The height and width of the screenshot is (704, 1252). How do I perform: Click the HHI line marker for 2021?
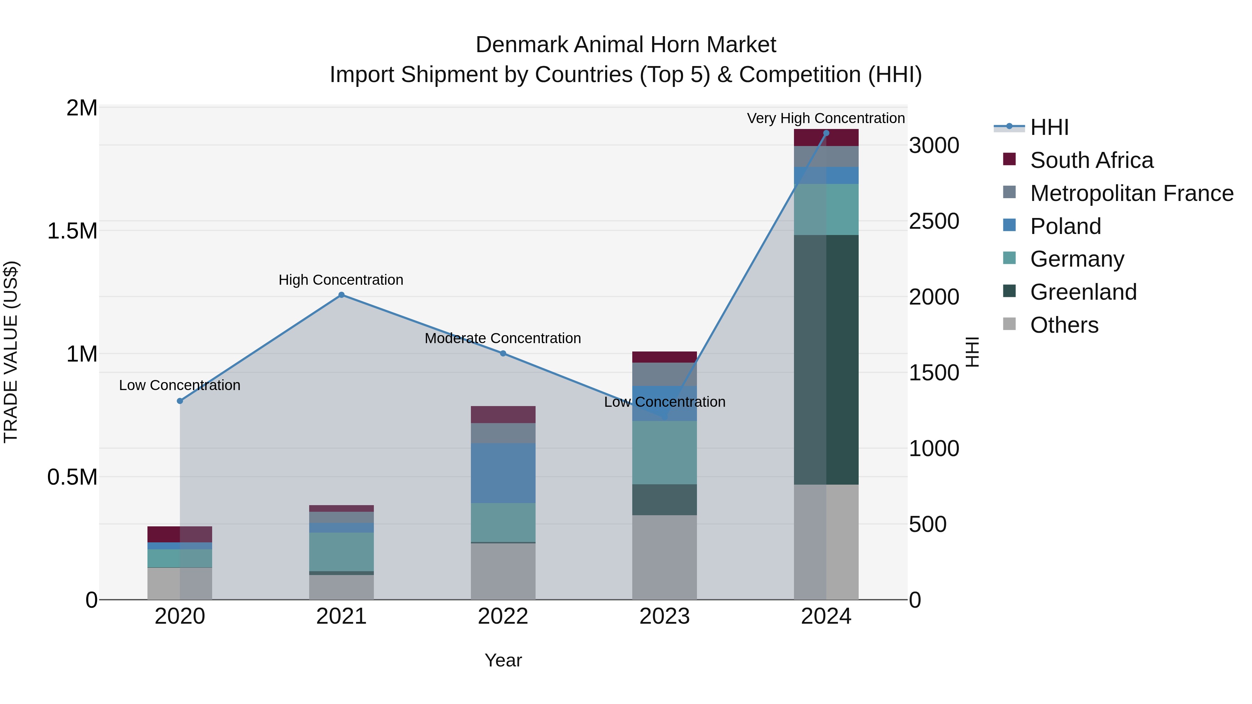coord(341,295)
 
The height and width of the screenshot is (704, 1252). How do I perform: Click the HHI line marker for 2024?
coord(826,133)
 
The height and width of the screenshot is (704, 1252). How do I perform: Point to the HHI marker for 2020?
coord(180,401)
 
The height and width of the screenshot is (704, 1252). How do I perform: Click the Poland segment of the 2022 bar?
coord(503,473)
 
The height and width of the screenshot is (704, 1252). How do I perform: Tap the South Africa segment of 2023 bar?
coord(664,357)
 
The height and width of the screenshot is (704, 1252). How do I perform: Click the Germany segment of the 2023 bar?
coord(664,452)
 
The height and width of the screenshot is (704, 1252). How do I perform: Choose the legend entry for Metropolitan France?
coord(1131,193)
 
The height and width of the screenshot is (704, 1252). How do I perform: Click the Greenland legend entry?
coord(1083,292)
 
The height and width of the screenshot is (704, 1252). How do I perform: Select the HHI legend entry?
coord(1049,127)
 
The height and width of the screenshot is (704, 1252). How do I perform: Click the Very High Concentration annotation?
coord(825,119)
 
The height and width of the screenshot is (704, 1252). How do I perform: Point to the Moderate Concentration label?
coord(503,339)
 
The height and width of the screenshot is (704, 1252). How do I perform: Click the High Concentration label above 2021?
coord(341,280)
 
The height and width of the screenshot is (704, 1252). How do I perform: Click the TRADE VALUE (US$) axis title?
coord(11,352)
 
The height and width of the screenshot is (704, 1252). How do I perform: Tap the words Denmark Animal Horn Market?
coord(626,45)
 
